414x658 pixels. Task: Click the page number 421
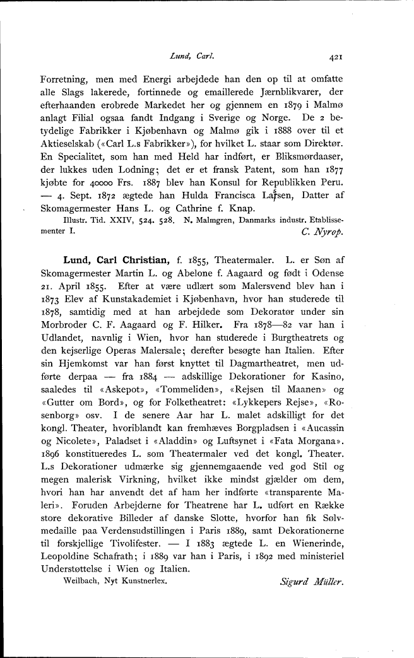click(x=334, y=56)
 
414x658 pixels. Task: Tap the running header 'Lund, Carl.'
click(x=193, y=56)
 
